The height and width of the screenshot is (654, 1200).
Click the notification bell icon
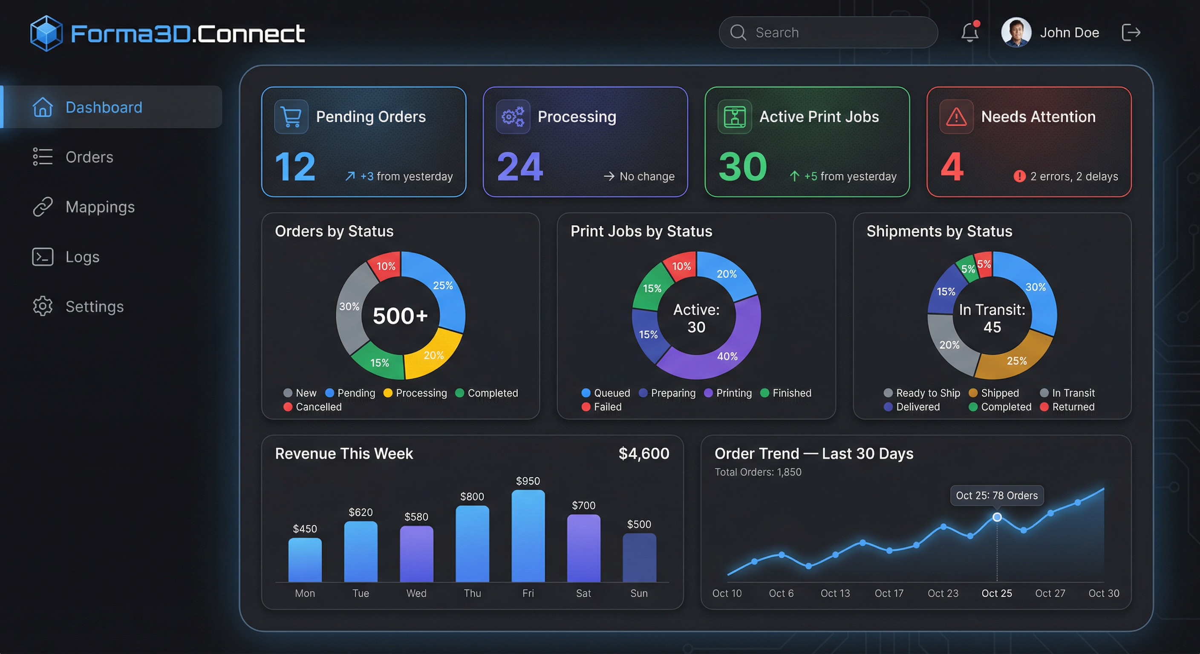tap(970, 33)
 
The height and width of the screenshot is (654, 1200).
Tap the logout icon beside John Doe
tap(1131, 33)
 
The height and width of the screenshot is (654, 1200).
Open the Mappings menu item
tap(100, 207)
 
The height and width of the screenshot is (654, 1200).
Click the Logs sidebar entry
tap(82, 257)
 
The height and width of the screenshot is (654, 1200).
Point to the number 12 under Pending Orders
tap(295, 166)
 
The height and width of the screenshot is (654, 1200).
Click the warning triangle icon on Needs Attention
tap(956, 117)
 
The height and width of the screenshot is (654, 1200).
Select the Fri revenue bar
tap(528, 535)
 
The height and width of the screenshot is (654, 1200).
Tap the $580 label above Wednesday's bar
tap(416, 516)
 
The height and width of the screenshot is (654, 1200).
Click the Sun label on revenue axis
tap(639, 593)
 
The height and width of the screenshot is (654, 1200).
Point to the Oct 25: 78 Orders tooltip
tap(996, 495)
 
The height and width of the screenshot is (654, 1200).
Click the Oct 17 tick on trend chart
tap(889, 593)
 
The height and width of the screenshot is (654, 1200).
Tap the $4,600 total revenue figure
tap(643, 453)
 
